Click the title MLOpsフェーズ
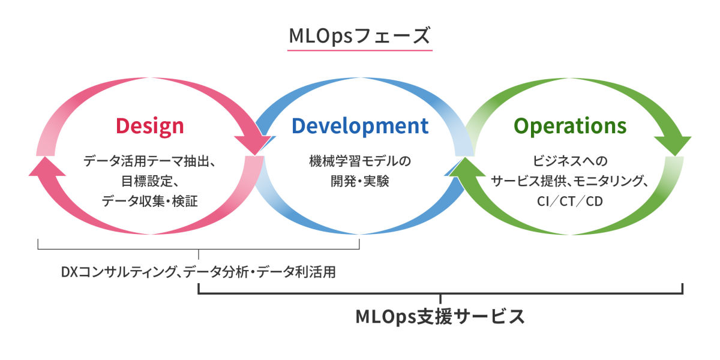tap(359, 35)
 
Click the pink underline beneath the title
tap(359, 50)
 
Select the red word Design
tap(150, 127)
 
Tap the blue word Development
tap(360, 126)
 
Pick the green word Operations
tap(570, 126)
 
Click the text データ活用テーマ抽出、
tap(149, 161)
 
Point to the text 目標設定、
tap(150, 181)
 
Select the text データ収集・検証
tap(150, 201)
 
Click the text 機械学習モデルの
tap(360, 161)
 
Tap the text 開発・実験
tap(360, 181)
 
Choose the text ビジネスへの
tap(570, 161)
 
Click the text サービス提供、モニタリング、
tap(569, 181)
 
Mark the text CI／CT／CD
tap(570, 201)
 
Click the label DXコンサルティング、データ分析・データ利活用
tap(199, 272)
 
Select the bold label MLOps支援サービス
tap(440, 317)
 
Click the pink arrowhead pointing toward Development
tap(254, 145)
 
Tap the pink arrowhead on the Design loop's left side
tap(47, 167)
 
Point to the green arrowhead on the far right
tap(673, 145)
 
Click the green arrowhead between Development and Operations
tap(467, 167)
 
